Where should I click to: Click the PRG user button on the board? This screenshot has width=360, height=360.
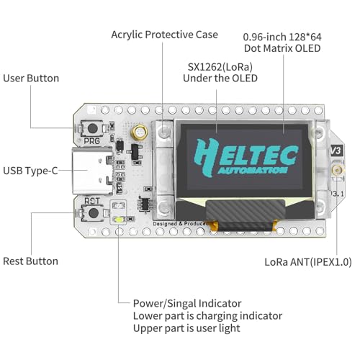pos(92,130)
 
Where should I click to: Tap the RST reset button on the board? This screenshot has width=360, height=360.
pos(92,212)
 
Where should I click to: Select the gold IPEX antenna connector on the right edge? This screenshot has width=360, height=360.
pos(336,171)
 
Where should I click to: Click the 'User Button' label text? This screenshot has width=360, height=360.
pos(31,78)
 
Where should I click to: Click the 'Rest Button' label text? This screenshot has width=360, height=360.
pos(31,261)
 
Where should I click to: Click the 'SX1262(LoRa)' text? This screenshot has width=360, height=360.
pos(217,65)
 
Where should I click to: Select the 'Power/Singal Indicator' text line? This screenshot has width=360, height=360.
pos(187,303)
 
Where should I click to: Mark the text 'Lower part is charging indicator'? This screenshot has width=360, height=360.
pos(207,316)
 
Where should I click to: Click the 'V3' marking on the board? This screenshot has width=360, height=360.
pos(335,151)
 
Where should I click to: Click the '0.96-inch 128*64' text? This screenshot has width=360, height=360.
pos(282,35)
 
